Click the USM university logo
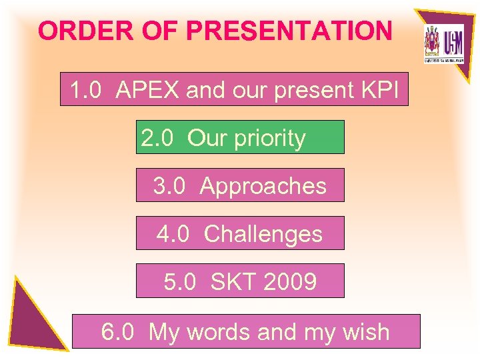click(x=443, y=43)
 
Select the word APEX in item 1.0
click(x=147, y=90)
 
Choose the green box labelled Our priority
click(x=240, y=137)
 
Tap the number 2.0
click(x=157, y=138)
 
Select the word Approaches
click(x=263, y=186)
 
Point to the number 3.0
click(x=169, y=186)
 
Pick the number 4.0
click(x=173, y=234)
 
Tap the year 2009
click(x=290, y=282)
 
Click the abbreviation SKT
click(x=233, y=282)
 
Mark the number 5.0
click(x=180, y=282)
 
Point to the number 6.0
click(x=117, y=331)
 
